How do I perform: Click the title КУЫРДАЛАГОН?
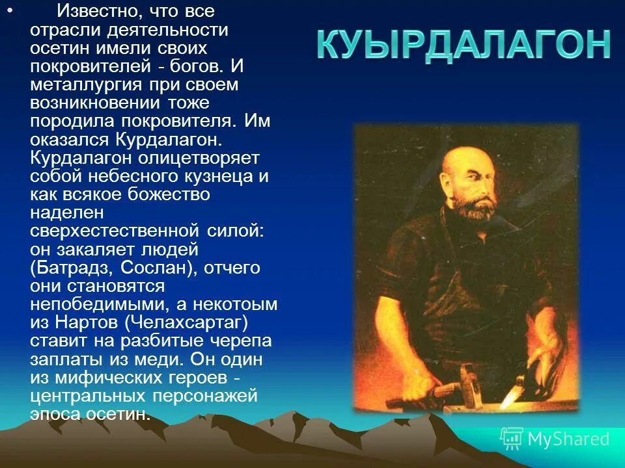464,46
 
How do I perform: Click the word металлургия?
84,85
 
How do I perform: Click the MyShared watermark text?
568,439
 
